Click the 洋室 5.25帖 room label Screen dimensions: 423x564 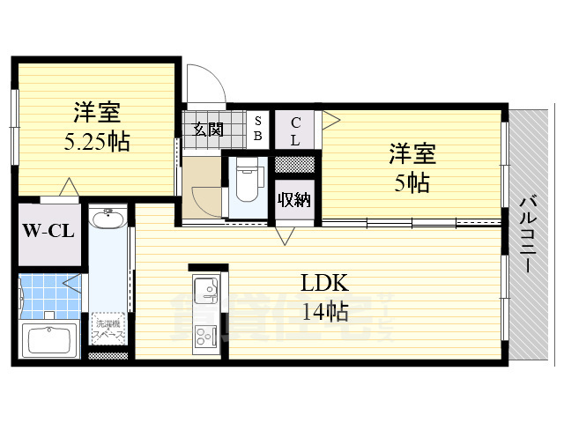click(x=97, y=127)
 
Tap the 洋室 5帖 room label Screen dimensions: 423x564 click(x=412, y=169)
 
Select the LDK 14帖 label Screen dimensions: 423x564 click(x=325, y=297)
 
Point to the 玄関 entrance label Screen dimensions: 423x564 click(x=209, y=130)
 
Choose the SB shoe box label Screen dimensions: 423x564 click(x=257, y=130)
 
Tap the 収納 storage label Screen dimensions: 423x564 click(x=294, y=199)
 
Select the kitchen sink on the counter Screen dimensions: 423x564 click(x=208, y=289)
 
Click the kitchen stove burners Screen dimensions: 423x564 click(x=208, y=336)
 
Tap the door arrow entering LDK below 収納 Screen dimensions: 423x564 click(x=286, y=235)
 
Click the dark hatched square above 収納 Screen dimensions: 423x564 click(x=294, y=164)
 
